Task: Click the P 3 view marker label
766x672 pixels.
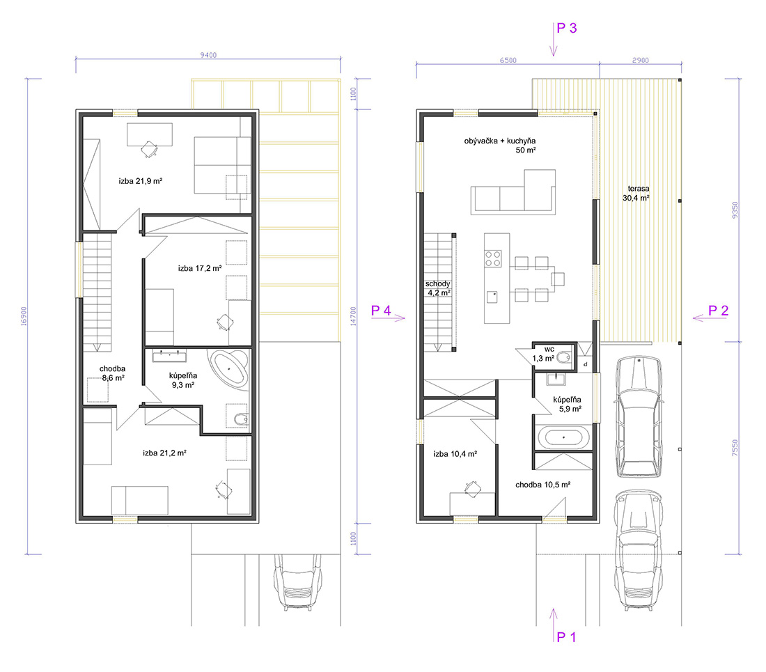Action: click(x=567, y=28)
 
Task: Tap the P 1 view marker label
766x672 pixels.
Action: click(x=567, y=637)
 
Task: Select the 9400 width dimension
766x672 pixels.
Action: click(x=208, y=55)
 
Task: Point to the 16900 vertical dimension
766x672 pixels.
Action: click(x=24, y=316)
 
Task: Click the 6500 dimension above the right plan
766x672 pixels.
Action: click(x=508, y=60)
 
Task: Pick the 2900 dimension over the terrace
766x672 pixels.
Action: click(x=641, y=60)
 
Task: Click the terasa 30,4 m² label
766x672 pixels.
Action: click(x=636, y=193)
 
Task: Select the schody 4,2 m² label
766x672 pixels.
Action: click(x=438, y=288)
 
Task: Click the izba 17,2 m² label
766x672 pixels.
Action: click(x=200, y=268)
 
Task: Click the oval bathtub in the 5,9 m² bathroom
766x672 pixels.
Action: click(x=563, y=437)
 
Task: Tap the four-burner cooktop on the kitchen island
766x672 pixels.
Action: click(x=493, y=259)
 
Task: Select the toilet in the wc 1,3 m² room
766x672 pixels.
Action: click(x=565, y=357)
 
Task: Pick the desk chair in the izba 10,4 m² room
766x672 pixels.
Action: click(x=472, y=488)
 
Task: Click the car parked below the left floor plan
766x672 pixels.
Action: click(x=297, y=582)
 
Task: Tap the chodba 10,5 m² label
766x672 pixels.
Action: click(x=542, y=485)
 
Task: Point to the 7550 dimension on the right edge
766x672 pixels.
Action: click(x=735, y=448)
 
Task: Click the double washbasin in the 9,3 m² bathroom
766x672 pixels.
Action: click(x=169, y=356)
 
